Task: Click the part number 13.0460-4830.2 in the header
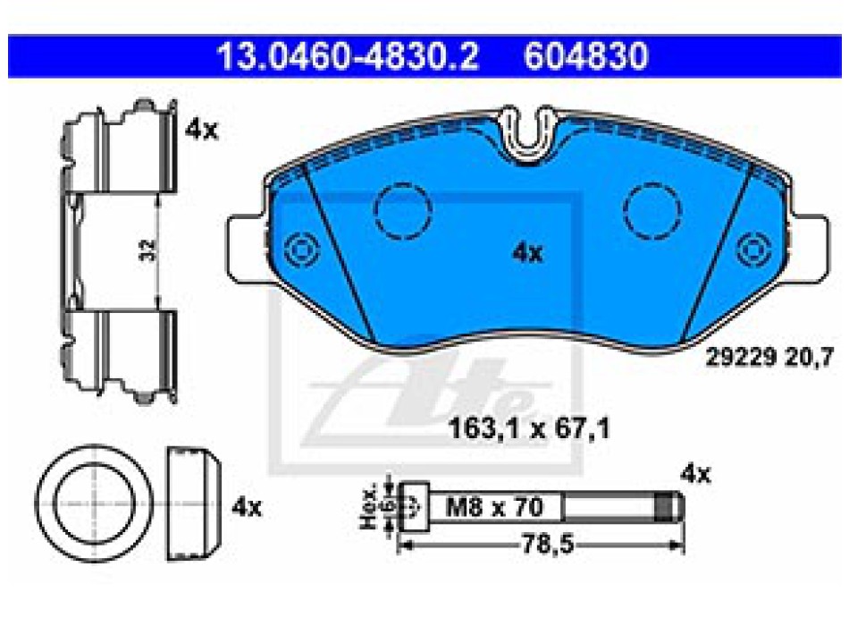pos(348,55)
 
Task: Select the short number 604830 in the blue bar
pos(586,55)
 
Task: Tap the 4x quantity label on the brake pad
pos(527,253)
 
